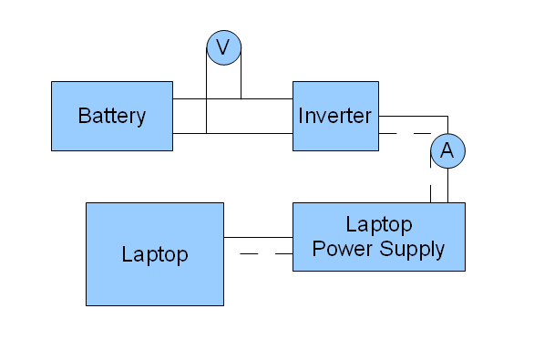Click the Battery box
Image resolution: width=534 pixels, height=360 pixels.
[112, 116]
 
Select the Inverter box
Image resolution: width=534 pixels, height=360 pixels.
[335, 116]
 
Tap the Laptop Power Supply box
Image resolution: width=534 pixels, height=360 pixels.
[379, 237]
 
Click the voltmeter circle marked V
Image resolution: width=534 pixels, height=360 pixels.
[224, 47]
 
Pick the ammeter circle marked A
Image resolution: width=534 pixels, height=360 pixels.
[447, 151]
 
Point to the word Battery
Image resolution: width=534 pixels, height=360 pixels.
[112, 116]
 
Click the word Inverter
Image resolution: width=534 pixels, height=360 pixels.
[334, 116]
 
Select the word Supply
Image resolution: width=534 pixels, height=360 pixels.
[412, 249]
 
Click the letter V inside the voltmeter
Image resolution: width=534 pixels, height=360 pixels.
[223, 47]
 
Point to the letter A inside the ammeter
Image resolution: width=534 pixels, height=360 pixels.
[447, 150]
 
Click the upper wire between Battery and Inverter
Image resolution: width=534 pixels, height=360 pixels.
[232, 98]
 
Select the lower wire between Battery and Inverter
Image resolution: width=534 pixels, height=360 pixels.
[232, 133]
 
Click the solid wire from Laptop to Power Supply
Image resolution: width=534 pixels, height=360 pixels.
[258, 237]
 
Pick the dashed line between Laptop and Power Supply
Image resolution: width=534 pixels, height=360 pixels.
[266, 253]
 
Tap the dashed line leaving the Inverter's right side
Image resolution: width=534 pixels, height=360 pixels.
[406, 133]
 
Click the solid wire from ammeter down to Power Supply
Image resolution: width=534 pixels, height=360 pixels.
[447, 185]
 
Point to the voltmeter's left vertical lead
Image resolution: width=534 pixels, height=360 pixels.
[206, 90]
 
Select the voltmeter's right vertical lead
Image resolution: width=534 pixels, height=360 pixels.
[241, 73]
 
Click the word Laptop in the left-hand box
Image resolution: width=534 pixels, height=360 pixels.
[155, 255]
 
